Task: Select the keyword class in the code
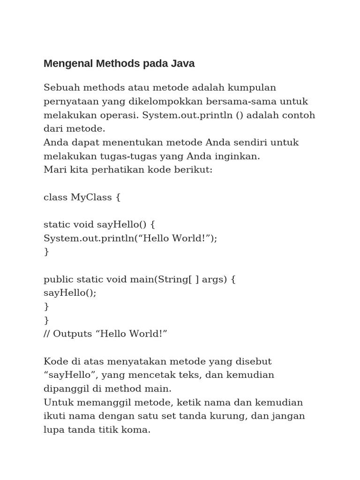click(55, 197)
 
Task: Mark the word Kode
click(55, 361)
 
